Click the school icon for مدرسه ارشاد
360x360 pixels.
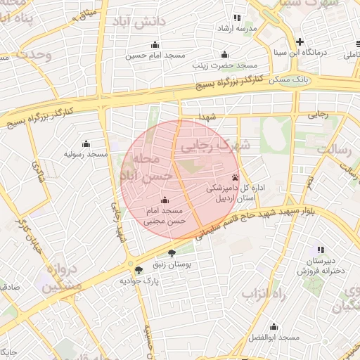click(236, 18)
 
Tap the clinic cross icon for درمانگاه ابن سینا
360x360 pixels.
click(300, 41)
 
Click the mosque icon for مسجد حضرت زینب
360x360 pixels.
click(224, 54)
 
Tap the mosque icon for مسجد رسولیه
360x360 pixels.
click(86, 143)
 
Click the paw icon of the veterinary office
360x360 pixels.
click(235, 177)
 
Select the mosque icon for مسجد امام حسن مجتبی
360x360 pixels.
click(165, 200)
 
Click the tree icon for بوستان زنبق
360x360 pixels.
click(172, 253)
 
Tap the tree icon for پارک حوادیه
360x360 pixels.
click(138, 269)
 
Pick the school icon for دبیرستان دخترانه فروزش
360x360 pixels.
click(321, 250)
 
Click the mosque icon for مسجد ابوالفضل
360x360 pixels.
click(274, 327)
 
